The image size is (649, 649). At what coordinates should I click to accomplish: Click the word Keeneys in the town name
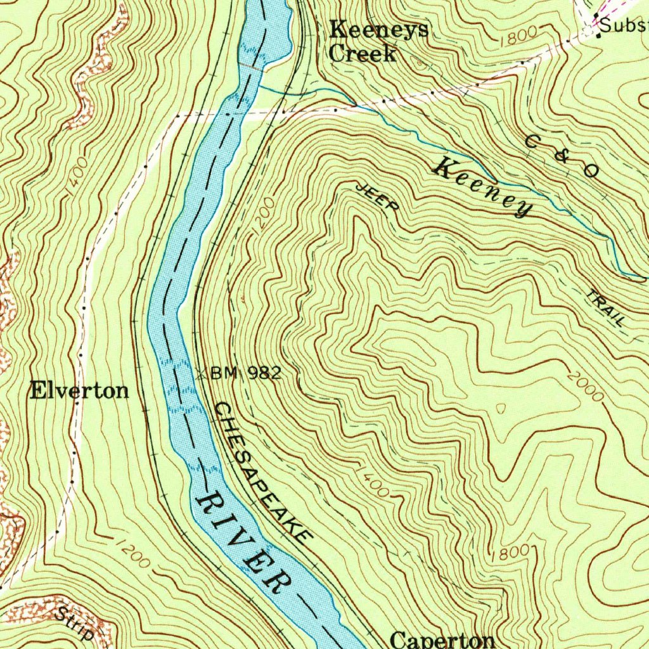click(x=378, y=30)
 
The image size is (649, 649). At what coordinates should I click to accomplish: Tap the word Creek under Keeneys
click(x=363, y=53)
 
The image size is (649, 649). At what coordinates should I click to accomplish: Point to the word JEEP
click(x=378, y=197)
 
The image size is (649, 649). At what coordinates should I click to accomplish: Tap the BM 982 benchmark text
click(x=245, y=373)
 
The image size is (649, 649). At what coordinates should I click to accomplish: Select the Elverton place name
click(x=79, y=390)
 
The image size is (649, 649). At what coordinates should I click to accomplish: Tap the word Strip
click(x=74, y=623)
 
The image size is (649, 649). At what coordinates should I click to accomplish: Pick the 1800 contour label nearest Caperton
click(x=513, y=552)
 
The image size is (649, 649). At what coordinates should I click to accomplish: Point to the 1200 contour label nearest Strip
click(x=133, y=553)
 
